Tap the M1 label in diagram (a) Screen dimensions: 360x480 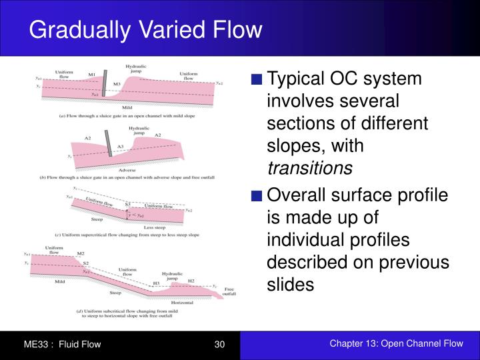click(x=93, y=74)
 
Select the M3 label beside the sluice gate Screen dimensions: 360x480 click(x=117, y=83)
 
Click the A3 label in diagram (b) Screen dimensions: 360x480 click(x=120, y=147)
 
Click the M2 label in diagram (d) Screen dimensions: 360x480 click(x=81, y=254)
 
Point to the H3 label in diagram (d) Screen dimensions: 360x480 click(x=156, y=283)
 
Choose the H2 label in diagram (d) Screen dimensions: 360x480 click(x=191, y=281)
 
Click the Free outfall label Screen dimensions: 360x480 click(x=228, y=291)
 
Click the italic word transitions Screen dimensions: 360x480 click(x=309, y=169)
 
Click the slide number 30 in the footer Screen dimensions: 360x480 click(x=220, y=344)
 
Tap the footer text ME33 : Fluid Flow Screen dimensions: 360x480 click(x=62, y=344)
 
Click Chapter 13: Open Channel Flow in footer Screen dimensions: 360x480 click(x=396, y=343)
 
